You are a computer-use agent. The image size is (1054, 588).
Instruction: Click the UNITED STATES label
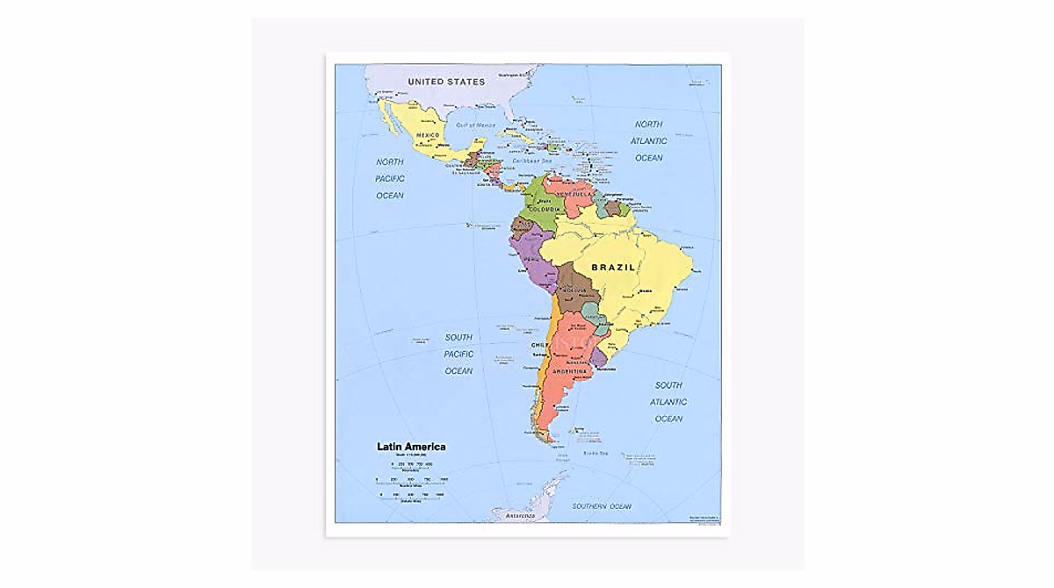[x=446, y=82]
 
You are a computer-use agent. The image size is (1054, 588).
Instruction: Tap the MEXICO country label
[x=428, y=134]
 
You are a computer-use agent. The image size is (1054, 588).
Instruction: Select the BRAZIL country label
[x=612, y=267]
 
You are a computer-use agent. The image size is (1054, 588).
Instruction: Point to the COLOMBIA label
[x=545, y=209]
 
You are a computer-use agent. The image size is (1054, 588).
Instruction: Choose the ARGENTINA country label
[x=569, y=372]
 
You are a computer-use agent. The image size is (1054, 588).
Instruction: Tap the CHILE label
[x=540, y=346]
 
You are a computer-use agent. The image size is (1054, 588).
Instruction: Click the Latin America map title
[x=411, y=447]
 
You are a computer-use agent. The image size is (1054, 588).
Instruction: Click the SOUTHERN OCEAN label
[x=602, y=506]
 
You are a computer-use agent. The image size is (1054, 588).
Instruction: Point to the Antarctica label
[x=521, y=516]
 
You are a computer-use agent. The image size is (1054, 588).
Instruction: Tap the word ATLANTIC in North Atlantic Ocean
[x=648, y=141]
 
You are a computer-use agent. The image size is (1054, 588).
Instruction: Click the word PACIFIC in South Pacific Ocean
[x=458, y=355]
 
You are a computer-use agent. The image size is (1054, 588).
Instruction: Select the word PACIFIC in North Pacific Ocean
[x=390, y=179]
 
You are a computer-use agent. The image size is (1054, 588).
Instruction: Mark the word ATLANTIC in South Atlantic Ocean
[x=668, y=402]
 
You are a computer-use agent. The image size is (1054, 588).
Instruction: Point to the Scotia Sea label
[x=596, y=453]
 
